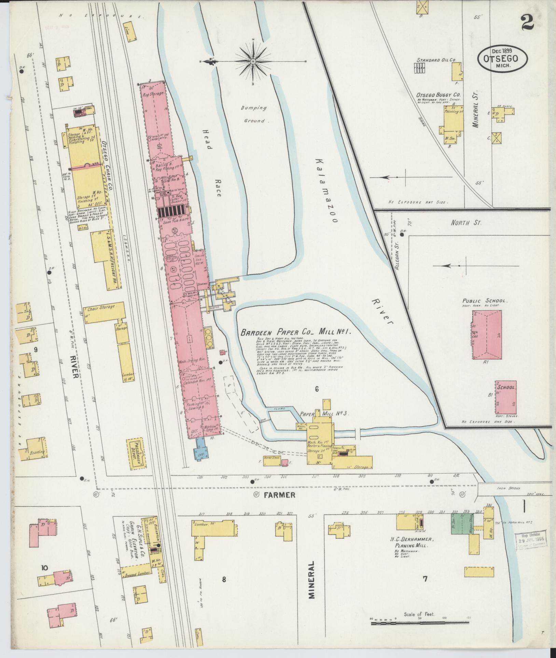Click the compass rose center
[253, 61]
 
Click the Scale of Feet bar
[419, 624]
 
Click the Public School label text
[485, 301]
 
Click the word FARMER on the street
[279, 495]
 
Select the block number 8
[224, 578]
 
